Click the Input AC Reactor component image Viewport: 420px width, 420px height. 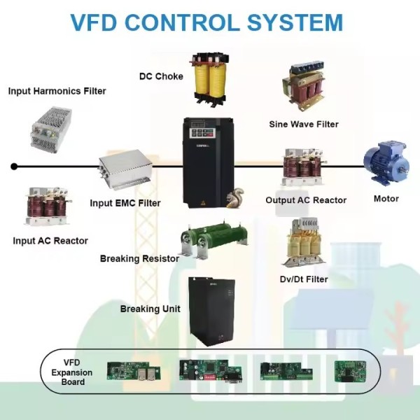tap(47, 207)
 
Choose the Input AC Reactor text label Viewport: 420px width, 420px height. tap(50, 241)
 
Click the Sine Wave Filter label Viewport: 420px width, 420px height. tap(304, 125)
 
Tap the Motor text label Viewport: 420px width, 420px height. tap(386, 199)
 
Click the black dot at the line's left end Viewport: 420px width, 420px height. tap(13, 167)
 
